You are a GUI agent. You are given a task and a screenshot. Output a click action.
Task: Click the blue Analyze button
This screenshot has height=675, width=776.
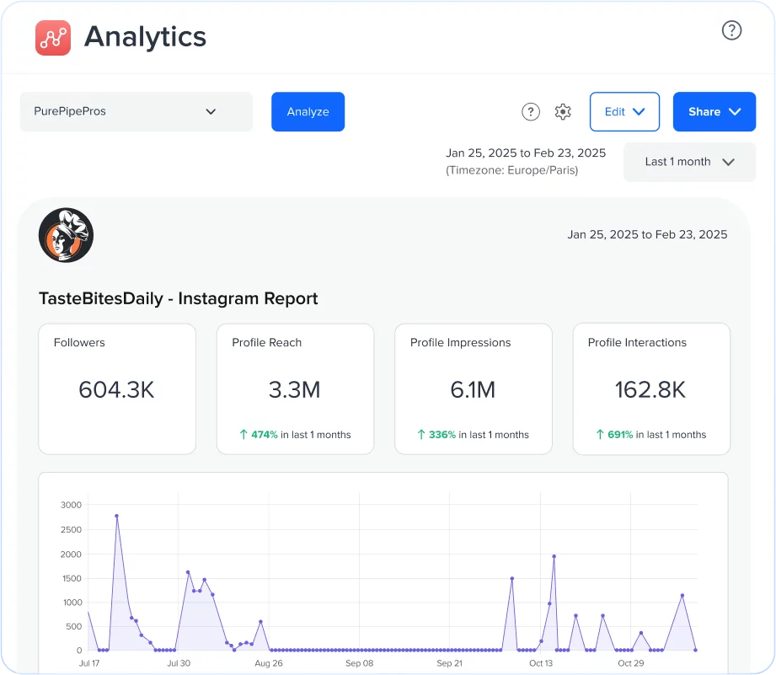[308, 111]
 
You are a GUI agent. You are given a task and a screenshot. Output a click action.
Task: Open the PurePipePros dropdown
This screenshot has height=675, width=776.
[136, 111]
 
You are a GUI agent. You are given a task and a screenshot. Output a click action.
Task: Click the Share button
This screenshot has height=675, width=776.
[714, 111]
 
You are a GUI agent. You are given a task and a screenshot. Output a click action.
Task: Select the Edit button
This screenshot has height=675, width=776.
[624, 111]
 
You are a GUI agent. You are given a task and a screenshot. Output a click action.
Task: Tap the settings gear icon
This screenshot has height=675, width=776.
[563, 111]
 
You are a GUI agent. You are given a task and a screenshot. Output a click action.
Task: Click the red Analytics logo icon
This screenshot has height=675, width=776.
[53, 37]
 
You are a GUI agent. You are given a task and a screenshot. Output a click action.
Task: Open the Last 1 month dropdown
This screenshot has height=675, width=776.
[689, 162]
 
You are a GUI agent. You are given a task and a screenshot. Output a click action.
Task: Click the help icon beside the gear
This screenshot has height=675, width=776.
[530, 111]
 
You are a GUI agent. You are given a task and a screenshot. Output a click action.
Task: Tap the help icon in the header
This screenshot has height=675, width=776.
[731, 30]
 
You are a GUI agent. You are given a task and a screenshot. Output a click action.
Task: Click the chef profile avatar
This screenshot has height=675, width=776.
[66, 235]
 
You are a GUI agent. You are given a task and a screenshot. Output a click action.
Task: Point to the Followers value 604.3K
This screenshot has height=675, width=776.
[116, 389]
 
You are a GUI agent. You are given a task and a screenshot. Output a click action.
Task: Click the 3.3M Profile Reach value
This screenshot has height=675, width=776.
[295, 389]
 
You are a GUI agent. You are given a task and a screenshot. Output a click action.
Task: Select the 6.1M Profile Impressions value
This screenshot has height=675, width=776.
[473, 389]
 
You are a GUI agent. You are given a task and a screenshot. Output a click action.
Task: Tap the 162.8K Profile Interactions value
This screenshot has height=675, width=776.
[650, 389]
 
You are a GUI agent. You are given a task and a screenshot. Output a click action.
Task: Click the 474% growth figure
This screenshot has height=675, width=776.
[264, 435]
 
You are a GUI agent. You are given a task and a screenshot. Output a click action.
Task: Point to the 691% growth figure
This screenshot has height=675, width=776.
[620, 435]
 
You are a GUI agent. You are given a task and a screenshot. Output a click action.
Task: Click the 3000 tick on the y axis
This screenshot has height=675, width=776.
[72, 505]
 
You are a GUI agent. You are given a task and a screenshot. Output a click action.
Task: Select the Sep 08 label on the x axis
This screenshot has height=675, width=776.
[359, 663]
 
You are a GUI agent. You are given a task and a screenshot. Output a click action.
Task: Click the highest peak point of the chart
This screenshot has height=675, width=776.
[116, 516]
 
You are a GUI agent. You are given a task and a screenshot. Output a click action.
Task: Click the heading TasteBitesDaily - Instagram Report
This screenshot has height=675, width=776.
[179, 298]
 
